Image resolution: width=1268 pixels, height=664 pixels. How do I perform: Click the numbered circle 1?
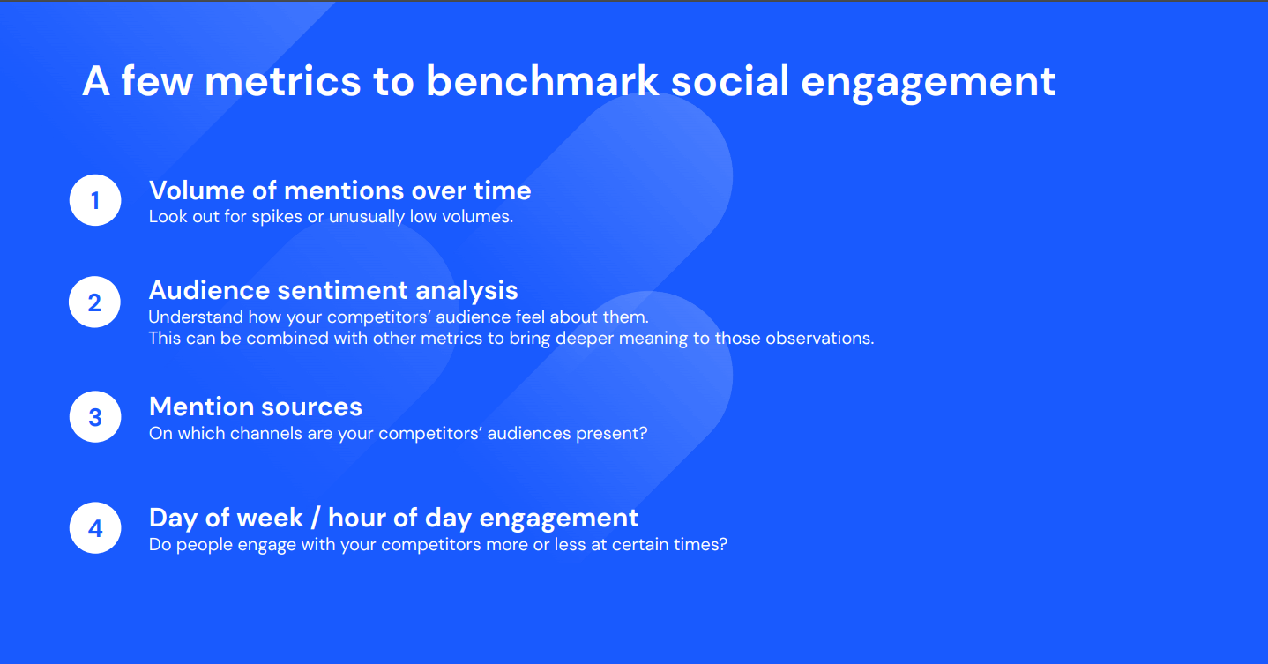tap(95, 200)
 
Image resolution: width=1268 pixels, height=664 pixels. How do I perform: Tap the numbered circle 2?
tap(94, 302)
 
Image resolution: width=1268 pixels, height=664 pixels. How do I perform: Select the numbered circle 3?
tap(95, 416)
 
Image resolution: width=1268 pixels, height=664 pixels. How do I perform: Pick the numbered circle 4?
tap(95, 527)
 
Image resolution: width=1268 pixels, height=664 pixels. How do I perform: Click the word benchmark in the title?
tap(542, 81)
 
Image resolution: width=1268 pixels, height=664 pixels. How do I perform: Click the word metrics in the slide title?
tap(282, 81)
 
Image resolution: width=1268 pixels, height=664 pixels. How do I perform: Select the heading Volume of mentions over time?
tap(339, 190)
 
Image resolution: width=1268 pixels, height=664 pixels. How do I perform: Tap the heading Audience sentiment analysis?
tap(333, 290)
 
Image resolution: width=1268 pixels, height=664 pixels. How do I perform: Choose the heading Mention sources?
tap(256, 407)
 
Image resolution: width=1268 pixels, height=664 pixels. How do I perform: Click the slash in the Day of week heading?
tap(316, 518)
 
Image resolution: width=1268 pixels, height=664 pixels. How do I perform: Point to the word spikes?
tap(277, 217)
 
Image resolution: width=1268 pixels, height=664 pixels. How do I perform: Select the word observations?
tap(820, 338)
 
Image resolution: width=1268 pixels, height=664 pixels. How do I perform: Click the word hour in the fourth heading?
tap(356, 518)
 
